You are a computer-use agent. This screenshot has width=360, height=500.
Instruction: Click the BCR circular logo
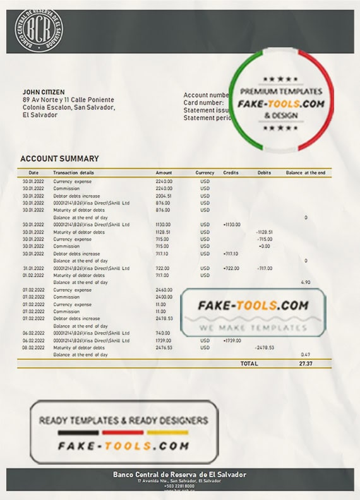tap(39, 28)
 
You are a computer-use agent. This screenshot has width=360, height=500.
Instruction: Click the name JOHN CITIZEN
tap(44, 92)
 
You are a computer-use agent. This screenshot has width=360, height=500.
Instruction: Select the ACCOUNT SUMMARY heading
tap(59, 158)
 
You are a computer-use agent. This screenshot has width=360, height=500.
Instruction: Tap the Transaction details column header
tap(74, 172)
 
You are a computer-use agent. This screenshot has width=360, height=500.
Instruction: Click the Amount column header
tap(164, 172)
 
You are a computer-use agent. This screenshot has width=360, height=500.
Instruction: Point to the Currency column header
tap(205, 172)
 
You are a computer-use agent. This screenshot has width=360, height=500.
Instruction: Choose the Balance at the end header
tap(306, 172)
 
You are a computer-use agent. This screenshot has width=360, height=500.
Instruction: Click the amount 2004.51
tap(164, 196)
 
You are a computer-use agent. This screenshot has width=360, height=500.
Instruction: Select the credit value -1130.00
tap(232, 225)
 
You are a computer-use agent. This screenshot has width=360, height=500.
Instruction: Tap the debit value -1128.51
tap(264, 232)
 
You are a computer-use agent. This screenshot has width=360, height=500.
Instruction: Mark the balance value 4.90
tap(306, 282)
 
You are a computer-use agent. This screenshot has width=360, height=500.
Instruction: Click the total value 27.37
tap(306, 364)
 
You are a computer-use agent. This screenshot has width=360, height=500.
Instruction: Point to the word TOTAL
tap(249, 364)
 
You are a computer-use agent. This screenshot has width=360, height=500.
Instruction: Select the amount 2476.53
tap(164, 348)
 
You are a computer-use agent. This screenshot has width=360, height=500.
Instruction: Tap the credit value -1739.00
tap(232, 340)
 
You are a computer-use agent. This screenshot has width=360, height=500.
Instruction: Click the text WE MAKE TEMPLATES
tap(253, 328)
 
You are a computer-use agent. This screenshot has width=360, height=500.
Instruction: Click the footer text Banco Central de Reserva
tap(179, 474)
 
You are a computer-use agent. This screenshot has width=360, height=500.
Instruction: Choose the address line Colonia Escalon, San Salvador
tap(68, 107)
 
